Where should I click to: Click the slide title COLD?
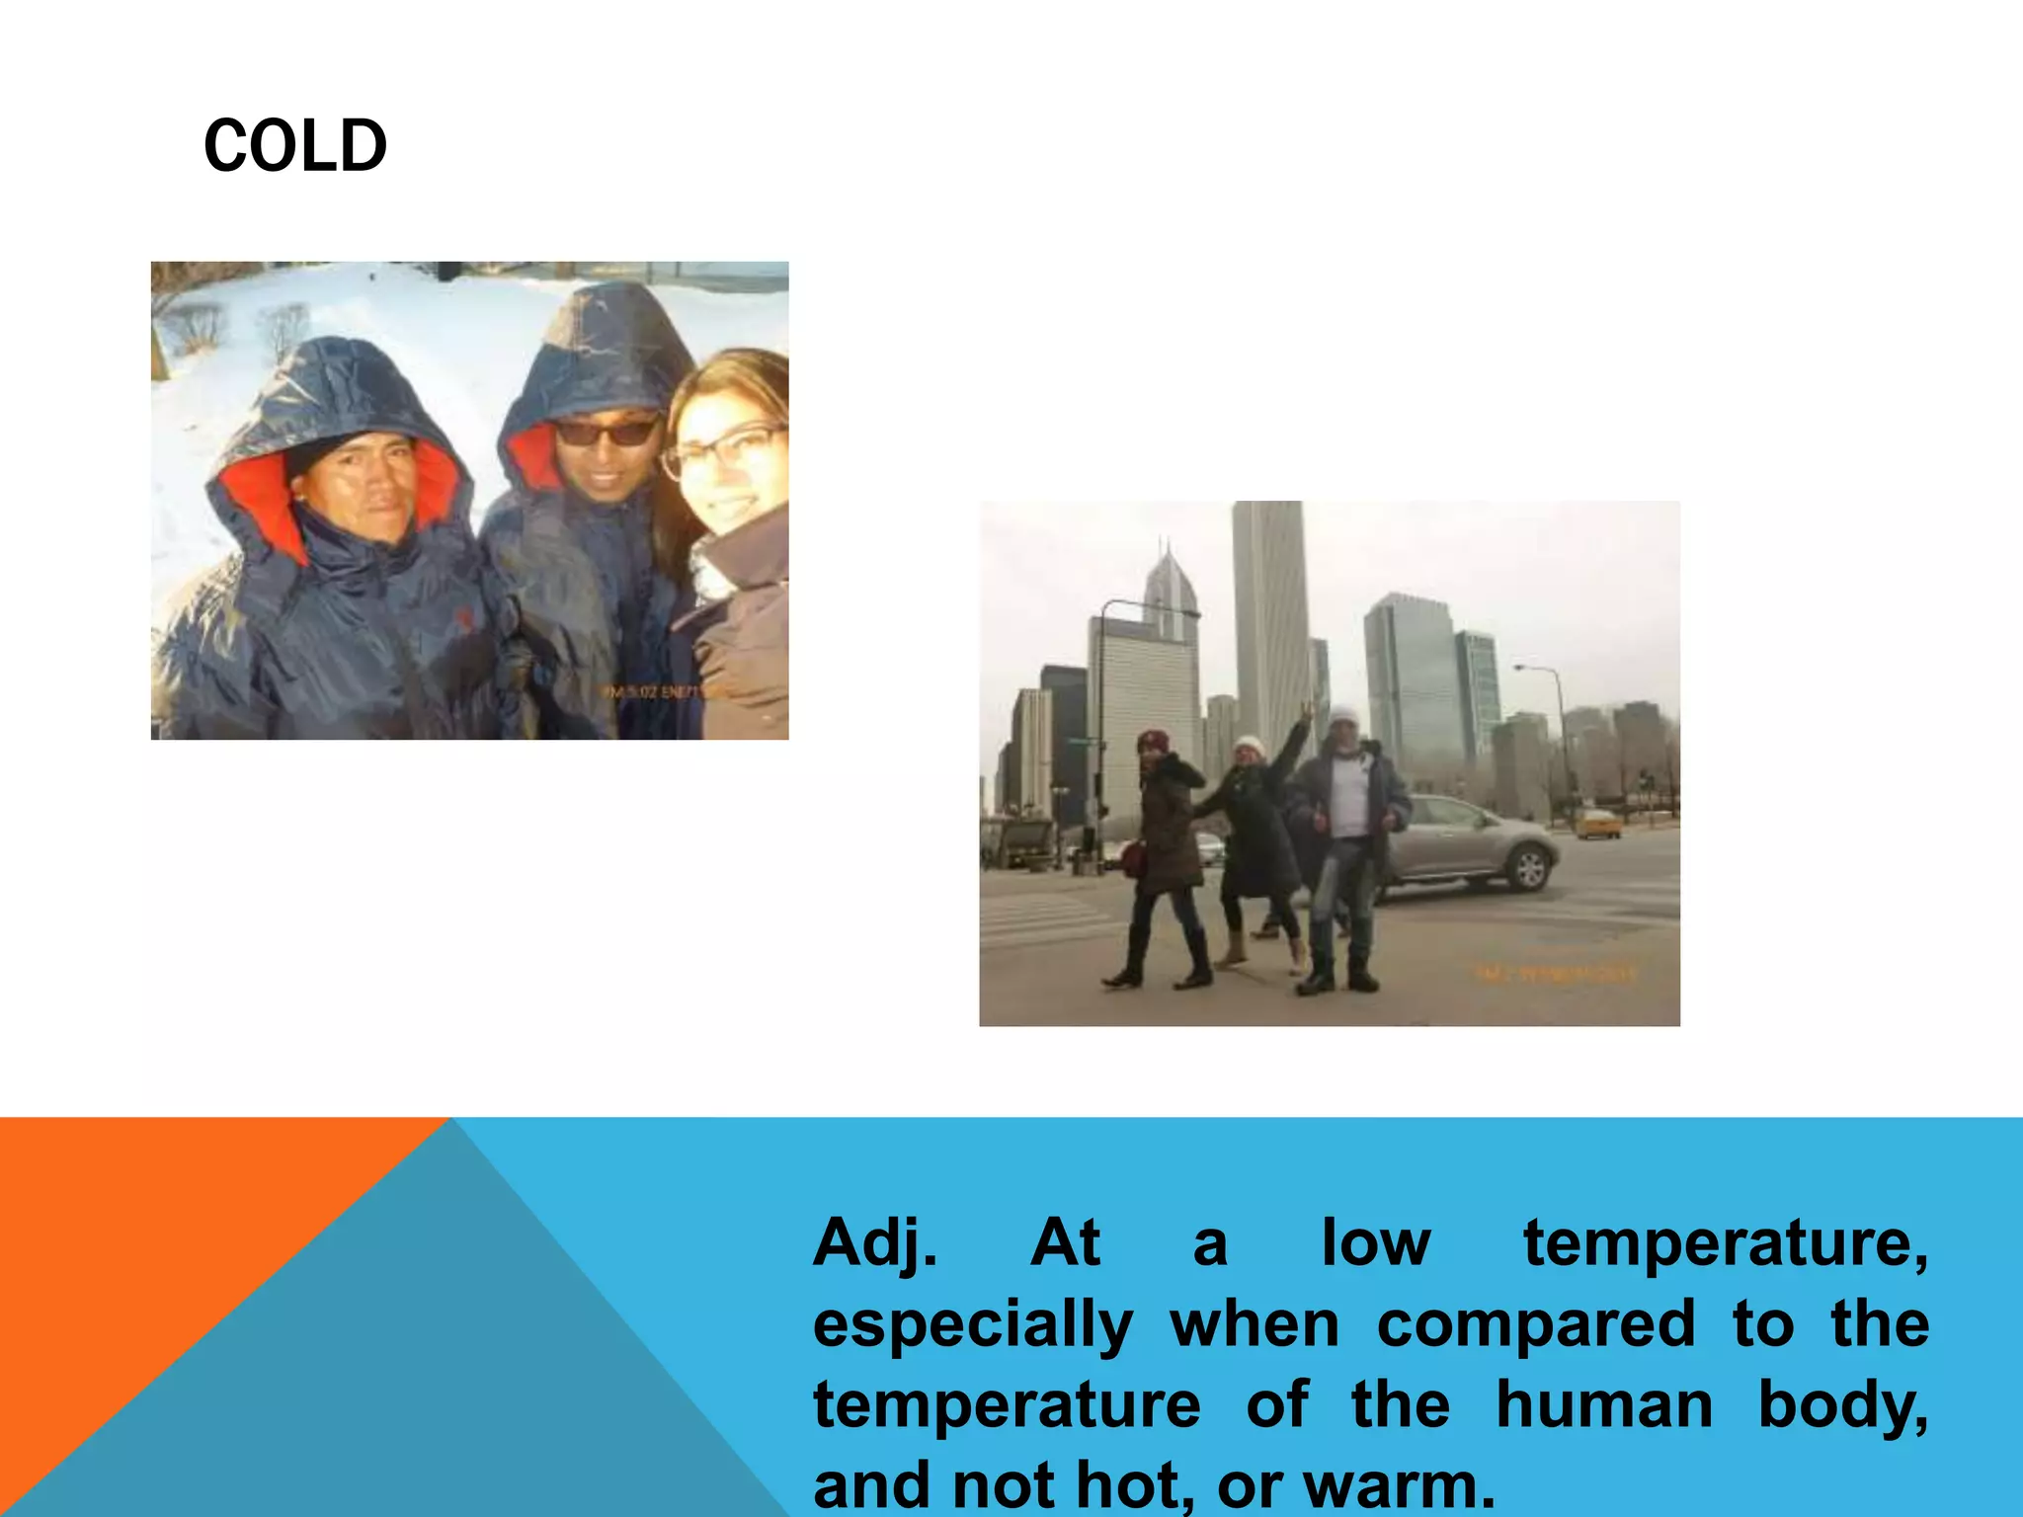(x=294, y=146)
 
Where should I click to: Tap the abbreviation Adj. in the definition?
(x=873, y=1242)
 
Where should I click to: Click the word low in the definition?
(x=1375, y=1242)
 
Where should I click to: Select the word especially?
(x=972, y=1325)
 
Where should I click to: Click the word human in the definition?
(x=1603, y=1404)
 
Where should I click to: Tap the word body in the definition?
(x=1842, y=1404)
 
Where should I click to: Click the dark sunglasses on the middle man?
(x=606, y=432)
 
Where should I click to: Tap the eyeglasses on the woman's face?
(x=726, y=449)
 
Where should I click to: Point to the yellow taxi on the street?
(x=1597, y=822)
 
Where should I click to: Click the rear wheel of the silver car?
(x=1529, y=869)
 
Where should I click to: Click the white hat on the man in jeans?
(x=1343, y=717)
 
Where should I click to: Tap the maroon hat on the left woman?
(x=1153, y=740)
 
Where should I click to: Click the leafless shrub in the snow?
(x=198, y=326)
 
